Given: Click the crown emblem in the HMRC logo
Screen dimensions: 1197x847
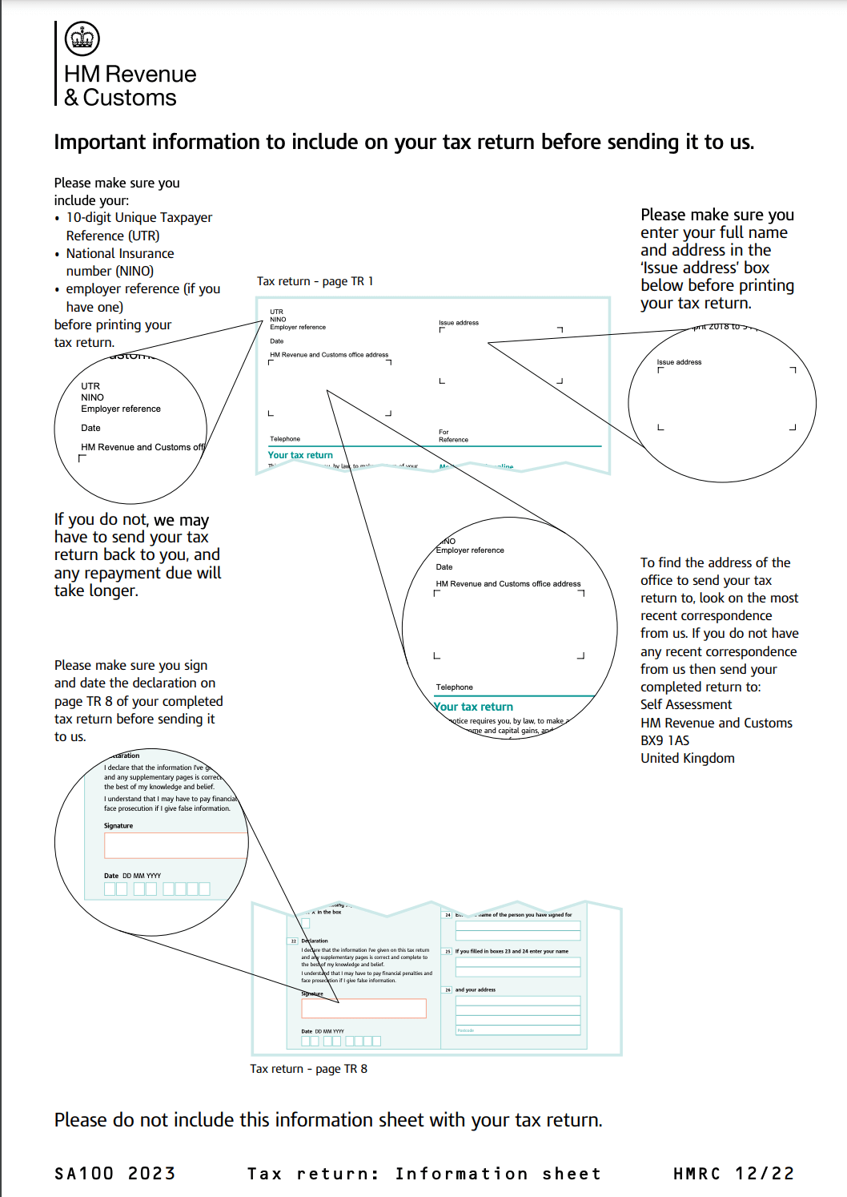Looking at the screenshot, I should pyautogui.click(x=82, y=38).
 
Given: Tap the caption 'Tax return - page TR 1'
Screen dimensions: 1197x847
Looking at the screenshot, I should pyautogui.click(x=315, y=281).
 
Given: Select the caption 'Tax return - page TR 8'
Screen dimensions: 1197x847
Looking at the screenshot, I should pyautogui.click(x=308, y=1069).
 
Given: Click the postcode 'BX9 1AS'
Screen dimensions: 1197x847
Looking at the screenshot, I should pyautogui.click(x=664, y=740).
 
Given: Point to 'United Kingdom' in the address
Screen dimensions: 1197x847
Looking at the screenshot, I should pyautogui.click(x=687, y=758).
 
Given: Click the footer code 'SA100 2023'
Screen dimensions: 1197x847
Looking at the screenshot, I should pyautogui.click(x=114, y=1174).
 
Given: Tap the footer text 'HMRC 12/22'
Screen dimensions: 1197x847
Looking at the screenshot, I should pyautogui.click(x=733, y=1174).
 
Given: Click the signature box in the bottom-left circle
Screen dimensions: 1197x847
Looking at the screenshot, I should pyautogui.click(x=175, y=845).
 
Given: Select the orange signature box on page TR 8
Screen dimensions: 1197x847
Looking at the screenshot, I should pyautogui.click(x=363, y=1008).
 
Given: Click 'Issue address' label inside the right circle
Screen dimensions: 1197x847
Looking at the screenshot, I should pyautogui.click(x=679, y=362).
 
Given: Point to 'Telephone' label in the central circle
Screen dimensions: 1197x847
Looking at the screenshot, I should pyautogui.click(x=454, y=687).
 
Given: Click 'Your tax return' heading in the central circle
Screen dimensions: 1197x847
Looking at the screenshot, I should pyautogui.click(x=474, y=707).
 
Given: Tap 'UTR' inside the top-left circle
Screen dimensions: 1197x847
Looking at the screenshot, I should pyautogui.click(x=90, y=386).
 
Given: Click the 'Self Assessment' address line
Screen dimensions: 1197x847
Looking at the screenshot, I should pyautogui.click(x=685, y=704).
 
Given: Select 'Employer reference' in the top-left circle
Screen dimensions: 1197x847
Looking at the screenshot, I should pyautogui.click(x=121, y=409).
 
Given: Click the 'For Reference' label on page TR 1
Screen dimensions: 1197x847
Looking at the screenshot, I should pyautogui.click(x=453, y=436).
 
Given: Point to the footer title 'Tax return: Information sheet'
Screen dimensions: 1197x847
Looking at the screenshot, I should pyautogui.click(x=423, y=1174).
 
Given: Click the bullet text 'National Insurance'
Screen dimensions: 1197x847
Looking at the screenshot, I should pyautogui.click(x=120, y=253).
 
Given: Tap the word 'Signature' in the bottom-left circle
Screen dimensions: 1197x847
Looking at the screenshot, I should pyautogui.click(x=118, y=825).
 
